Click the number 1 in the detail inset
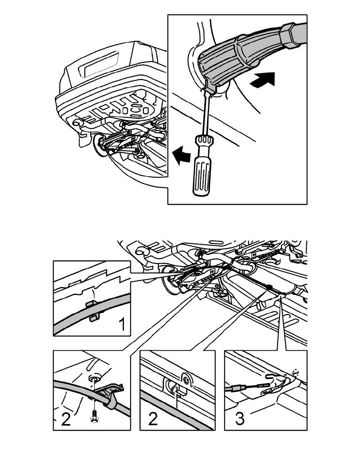[x=122, y=324]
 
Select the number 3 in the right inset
[x=240, y=418]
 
